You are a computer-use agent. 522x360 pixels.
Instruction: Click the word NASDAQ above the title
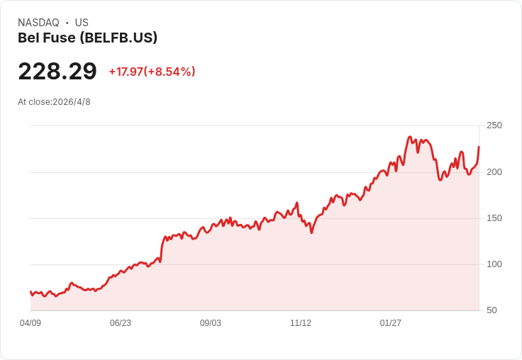click(x=38, y=23)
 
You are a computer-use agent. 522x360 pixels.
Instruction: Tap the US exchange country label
click(x=82, y=23)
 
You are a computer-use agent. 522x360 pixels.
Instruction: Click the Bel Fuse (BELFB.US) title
click(x=87, y=38)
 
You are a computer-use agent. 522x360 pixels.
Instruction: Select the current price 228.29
click(x=57, y=71)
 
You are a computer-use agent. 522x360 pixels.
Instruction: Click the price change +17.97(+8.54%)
click(x=152, y=72)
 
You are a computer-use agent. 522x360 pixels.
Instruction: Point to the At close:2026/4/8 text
click(x=54, y=102)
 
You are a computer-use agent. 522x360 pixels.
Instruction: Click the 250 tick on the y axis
click(x=494, y=125)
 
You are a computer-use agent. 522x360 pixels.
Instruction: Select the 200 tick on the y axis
click(x=494, y=172)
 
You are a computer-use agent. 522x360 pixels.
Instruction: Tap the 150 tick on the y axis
click(x=494, y=218)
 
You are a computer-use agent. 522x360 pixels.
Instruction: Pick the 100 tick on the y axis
click(x=494, y=264)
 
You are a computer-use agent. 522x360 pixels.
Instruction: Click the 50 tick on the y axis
click(x=492, y=310)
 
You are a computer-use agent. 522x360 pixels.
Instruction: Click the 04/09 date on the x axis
click(x=30, y=323)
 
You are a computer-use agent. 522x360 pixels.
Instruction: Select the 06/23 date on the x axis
click(x=120, y=323)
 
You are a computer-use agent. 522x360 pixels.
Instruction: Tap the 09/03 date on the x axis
click(x=211, y=323)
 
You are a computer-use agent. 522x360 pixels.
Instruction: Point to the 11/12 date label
click(x=301, y=323)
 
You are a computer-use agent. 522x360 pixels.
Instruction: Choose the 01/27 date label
click(x=391, y=323)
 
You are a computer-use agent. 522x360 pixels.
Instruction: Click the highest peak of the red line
click(x=410, y=137)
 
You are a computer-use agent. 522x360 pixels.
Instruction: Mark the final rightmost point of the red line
click(x=479, y=147)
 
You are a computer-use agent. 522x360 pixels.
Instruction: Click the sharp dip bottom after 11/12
click(x=311, y=232)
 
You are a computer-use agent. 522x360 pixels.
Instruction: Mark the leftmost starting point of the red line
click(x=30, y=292)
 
